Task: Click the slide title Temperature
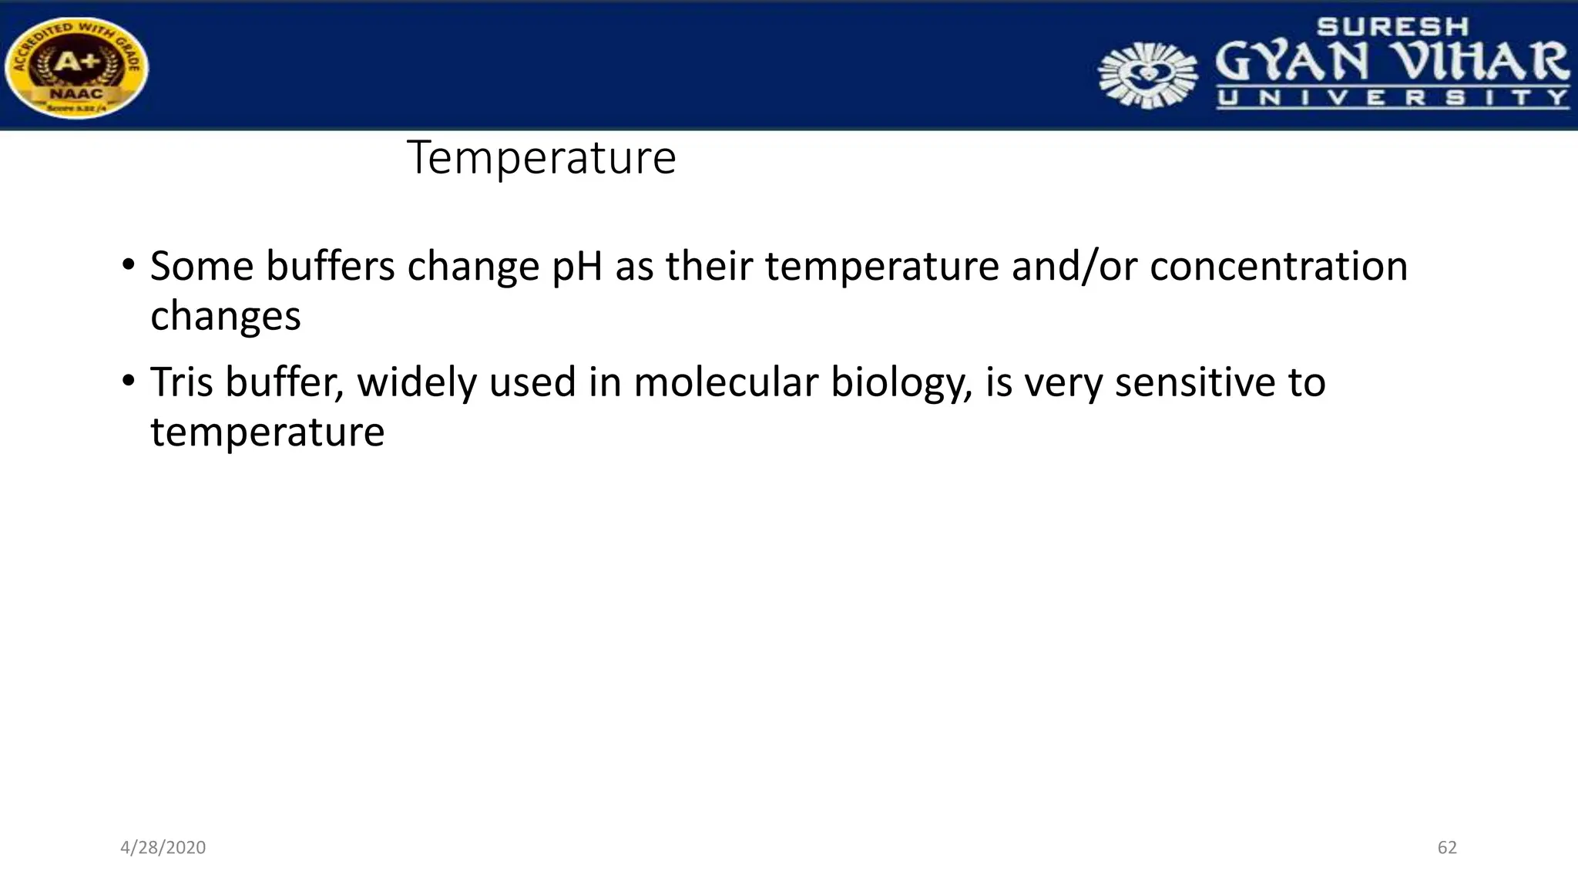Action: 541,158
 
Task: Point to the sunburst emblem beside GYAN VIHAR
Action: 1147,75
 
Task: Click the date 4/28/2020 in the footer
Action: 163,847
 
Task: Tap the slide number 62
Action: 1446,847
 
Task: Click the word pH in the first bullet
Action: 577,267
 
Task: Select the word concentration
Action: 1278,267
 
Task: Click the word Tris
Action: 181,382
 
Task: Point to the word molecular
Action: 725,382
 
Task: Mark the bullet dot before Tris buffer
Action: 129,382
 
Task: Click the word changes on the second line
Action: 225,317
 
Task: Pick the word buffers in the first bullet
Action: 330,267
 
